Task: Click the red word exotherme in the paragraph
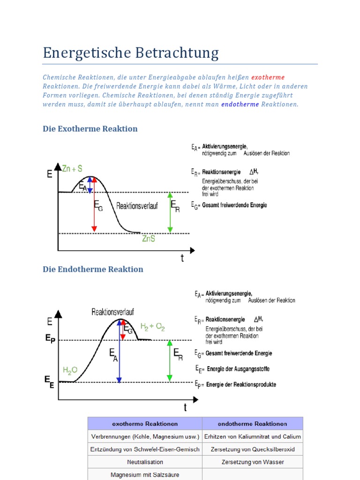[x=268, y=77]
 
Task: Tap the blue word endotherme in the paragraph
[x=240, y=105]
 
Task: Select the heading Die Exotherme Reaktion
[x=90, y=129]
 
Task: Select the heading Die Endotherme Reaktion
[x=93, y=270]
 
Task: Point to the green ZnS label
[x=149, y=239]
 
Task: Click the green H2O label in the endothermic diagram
[x=70, y=370]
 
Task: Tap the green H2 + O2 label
[x=153, y=327]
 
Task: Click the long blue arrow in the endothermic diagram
[x=120, y=352]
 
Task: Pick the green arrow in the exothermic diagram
[x=170, y=212]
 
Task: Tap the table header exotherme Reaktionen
[x=145, y=424]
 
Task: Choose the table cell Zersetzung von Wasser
[x=252, y=462]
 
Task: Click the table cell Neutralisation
[x=145, y=462]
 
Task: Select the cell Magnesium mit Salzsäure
[x=145, y=474]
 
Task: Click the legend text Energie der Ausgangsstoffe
[x=238, y=369]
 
